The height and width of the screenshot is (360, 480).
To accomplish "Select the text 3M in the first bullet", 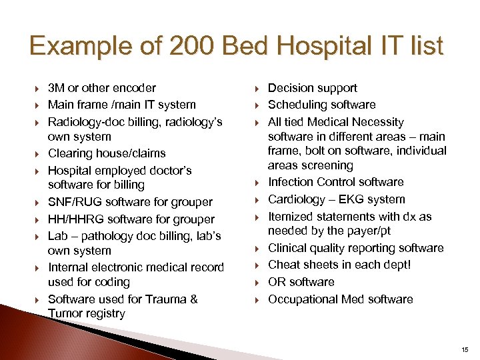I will click(56, 88).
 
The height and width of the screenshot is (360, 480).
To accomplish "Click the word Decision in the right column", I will click(290, 88).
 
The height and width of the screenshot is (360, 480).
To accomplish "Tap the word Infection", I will click(290, 182).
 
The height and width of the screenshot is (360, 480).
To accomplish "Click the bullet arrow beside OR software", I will click(257, 283).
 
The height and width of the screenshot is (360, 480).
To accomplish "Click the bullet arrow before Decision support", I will click(257, 89).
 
